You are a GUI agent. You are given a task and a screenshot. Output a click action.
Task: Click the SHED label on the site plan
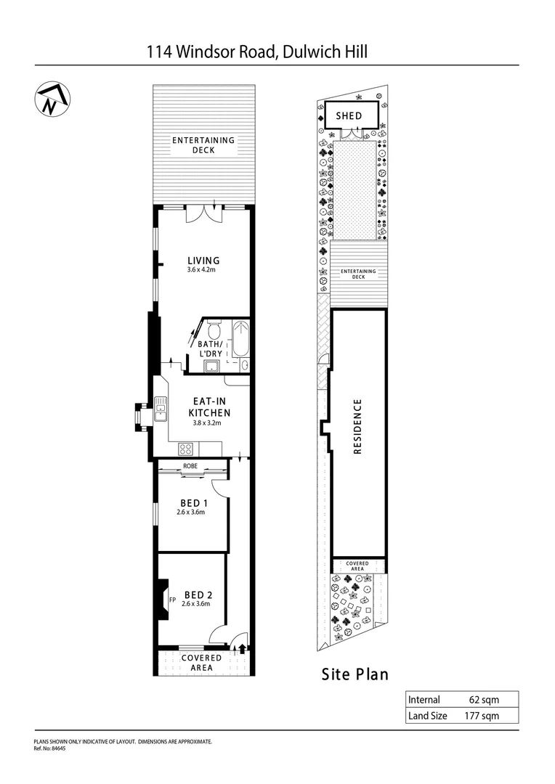pos(348,116)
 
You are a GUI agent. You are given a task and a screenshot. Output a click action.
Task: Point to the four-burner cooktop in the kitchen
pos(185,449)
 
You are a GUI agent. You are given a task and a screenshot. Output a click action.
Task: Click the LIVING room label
pos(203,261)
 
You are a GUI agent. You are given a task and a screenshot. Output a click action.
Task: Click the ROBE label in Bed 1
pos(191,465)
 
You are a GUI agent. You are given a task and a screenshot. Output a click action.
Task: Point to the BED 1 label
pos(194,503)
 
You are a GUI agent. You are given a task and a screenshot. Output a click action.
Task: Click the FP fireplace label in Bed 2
pos(172,600)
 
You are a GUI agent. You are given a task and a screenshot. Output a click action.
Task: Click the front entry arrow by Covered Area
pos(241,648)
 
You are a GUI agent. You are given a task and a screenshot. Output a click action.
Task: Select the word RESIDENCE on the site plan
pos(357,427)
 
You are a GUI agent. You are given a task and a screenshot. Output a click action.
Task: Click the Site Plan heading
pos(355,674)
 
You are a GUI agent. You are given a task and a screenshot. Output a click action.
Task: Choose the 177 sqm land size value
pos(482,716)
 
